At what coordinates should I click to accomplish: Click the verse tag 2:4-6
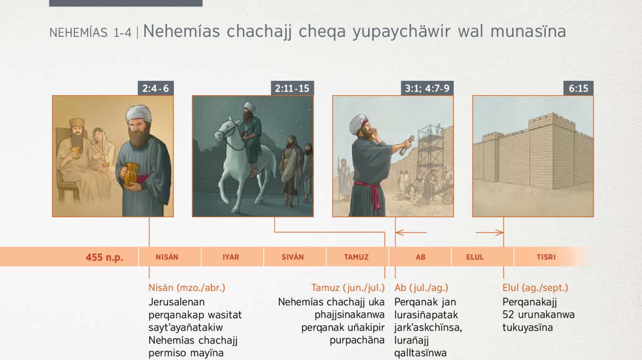pos(156,88)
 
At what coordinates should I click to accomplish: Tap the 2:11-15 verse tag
pos(292,88)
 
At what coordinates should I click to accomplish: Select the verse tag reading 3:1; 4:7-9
pos(427,88)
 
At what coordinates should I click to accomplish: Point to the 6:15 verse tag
pos(578,88)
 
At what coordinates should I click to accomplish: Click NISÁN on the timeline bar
pos(167,257)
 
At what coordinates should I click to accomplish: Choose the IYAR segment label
pos(231,257)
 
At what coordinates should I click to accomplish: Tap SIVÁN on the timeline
pos(293,257)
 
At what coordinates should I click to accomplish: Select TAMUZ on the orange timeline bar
pos(356,257)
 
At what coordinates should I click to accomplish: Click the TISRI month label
pos(546,257)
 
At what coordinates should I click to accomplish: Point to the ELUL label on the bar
pos(475,257)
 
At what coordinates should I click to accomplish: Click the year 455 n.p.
pos(104,257)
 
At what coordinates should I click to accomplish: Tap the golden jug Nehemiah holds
pos(131,174)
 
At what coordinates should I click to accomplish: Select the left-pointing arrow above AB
pos(411,233)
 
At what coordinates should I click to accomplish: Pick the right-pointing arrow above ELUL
pos(490,233)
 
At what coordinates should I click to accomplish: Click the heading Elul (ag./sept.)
pos(535,288)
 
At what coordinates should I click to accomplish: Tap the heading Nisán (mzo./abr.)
pos(187,288)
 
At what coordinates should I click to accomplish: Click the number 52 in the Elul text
pos(508,315)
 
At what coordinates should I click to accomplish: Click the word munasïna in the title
pos(528,32)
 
